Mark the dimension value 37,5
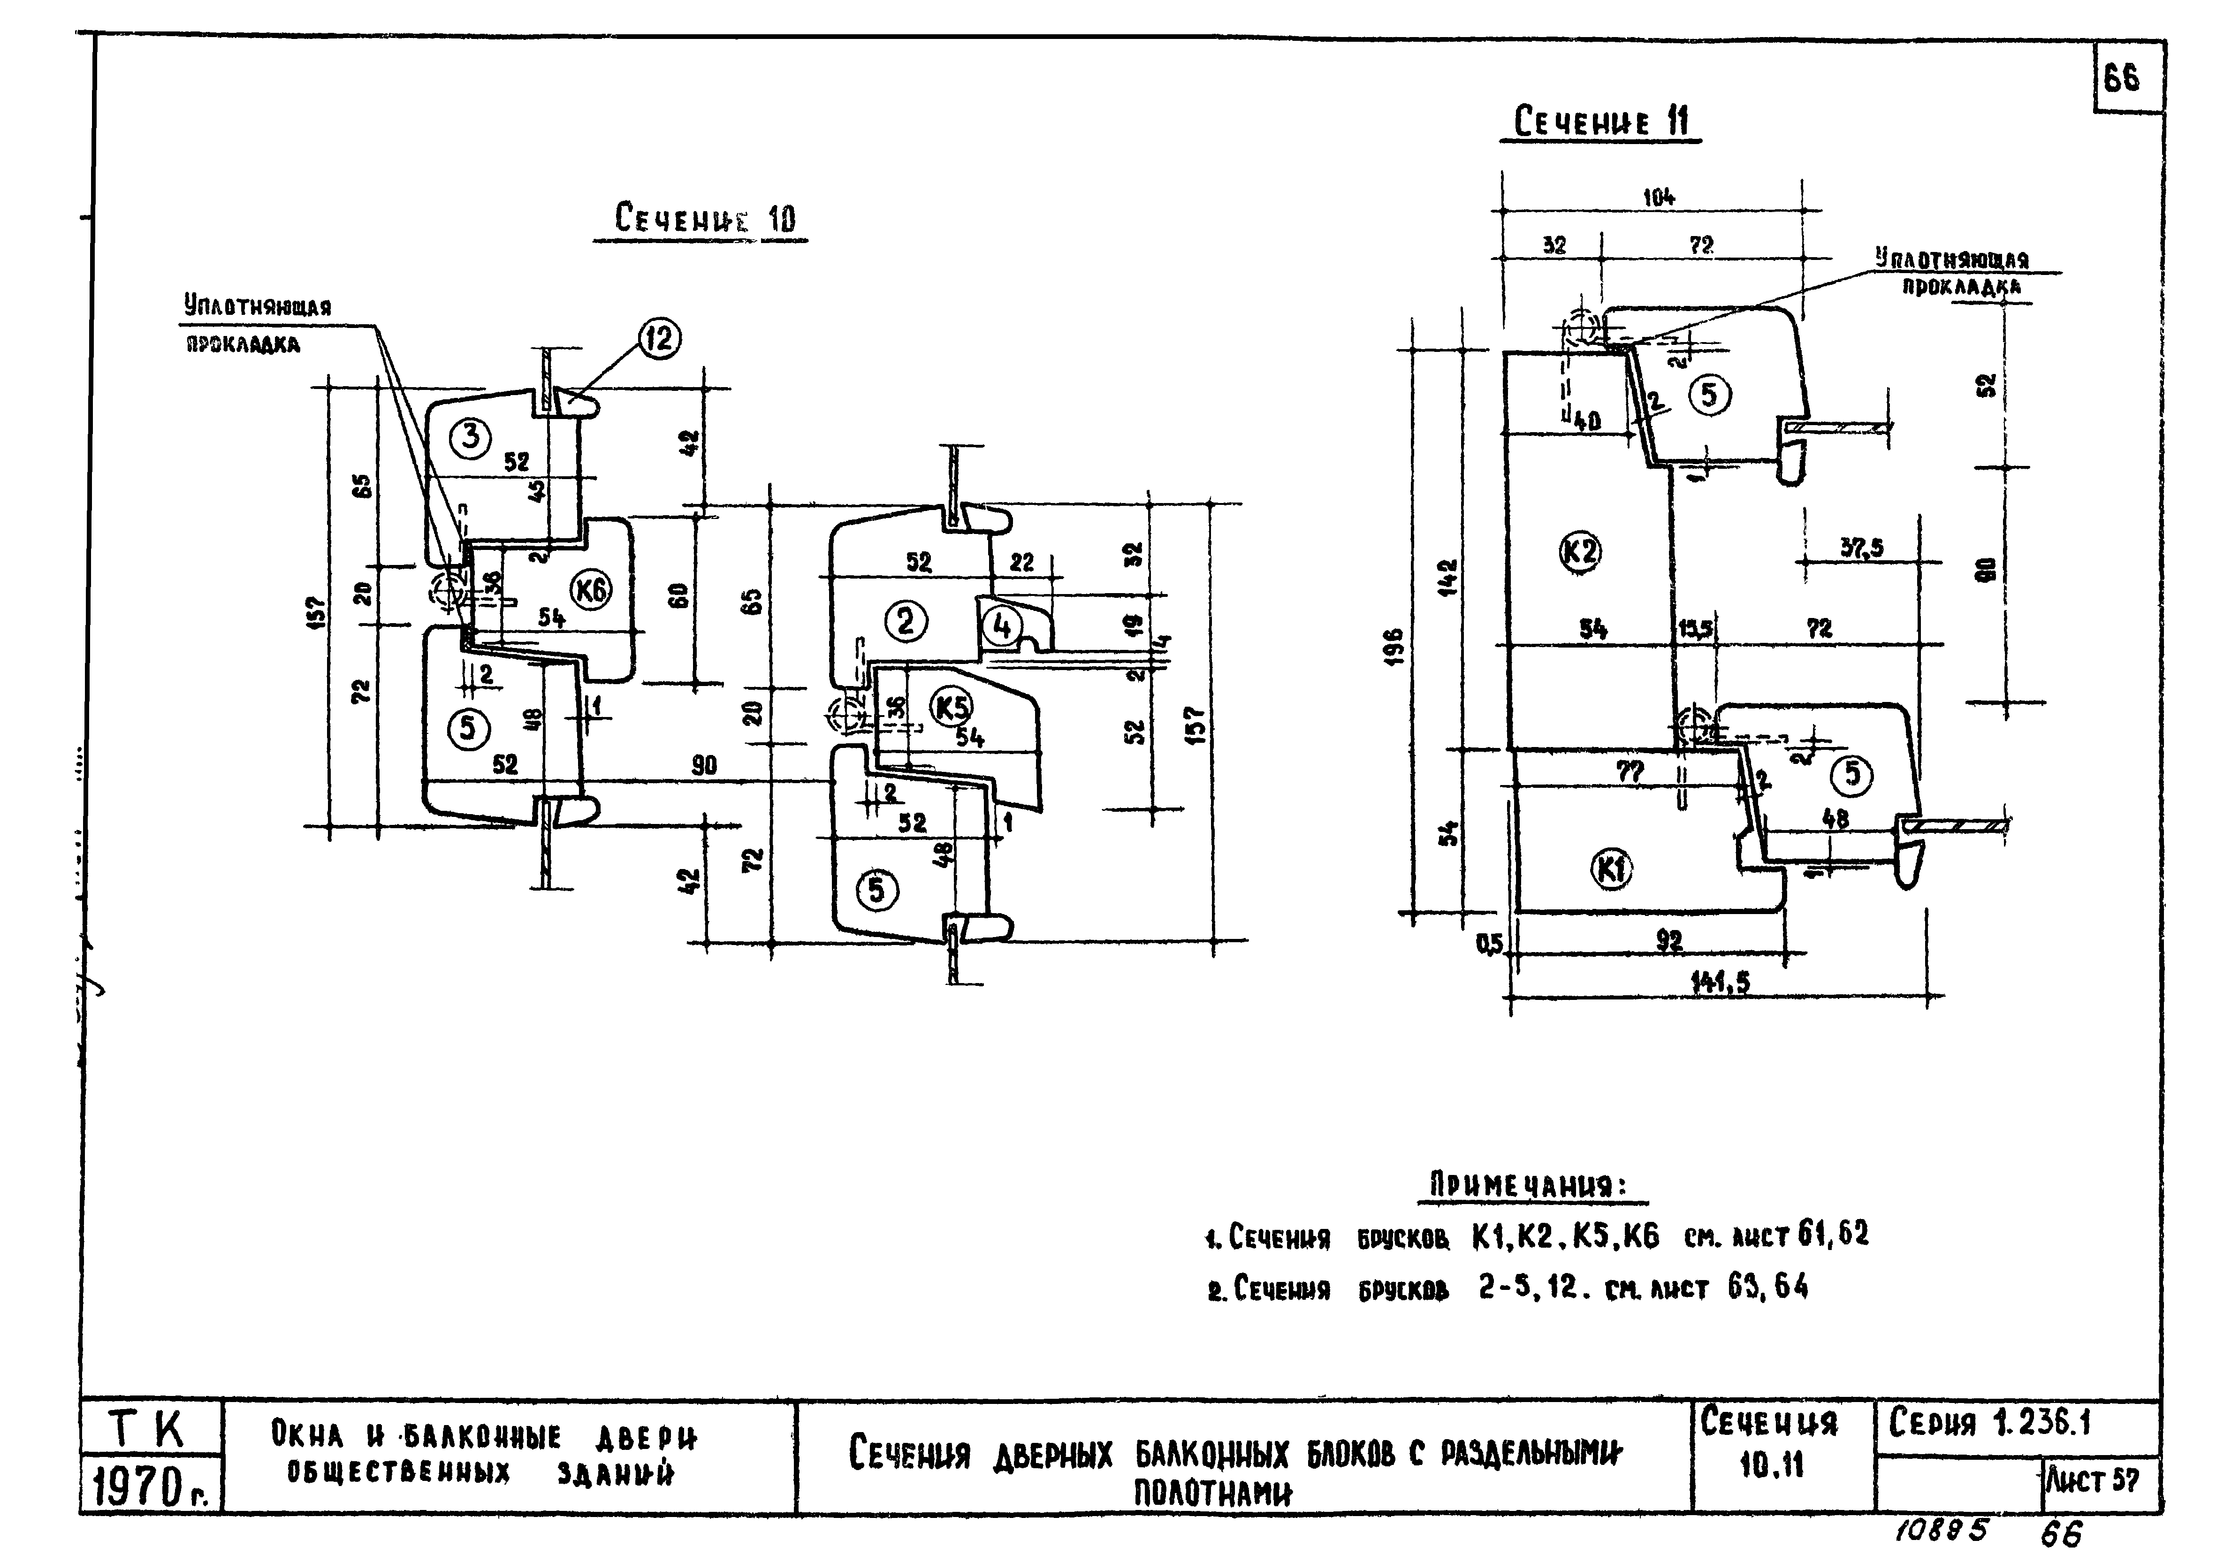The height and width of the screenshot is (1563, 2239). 1861,549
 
